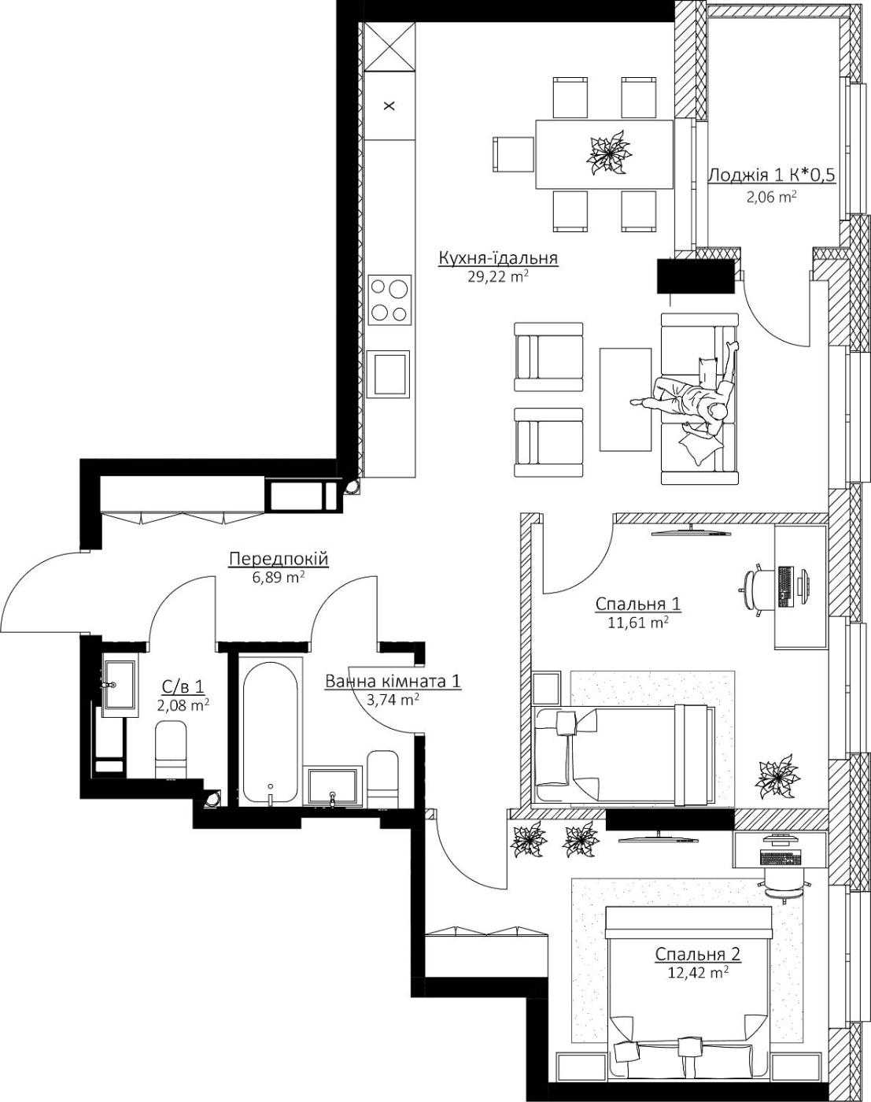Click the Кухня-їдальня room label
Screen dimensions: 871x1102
coord(498,259)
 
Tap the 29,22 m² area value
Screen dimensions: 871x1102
coord(498,277)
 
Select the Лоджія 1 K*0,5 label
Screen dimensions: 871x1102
coord(771,176)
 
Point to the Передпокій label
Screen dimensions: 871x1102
coord(278,559)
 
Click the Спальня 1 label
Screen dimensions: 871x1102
coord(637,605)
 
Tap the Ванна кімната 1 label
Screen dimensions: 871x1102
coord(393,682)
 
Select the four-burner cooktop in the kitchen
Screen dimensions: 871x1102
coord(390,299)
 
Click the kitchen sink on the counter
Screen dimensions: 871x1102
coord(389,374)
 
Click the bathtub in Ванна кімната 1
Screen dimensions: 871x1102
coord(270,733)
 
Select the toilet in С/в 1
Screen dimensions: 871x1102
coord(170,749)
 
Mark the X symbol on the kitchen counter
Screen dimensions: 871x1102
coord(389,106)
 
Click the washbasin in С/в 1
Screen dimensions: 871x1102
coord(120,685)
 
